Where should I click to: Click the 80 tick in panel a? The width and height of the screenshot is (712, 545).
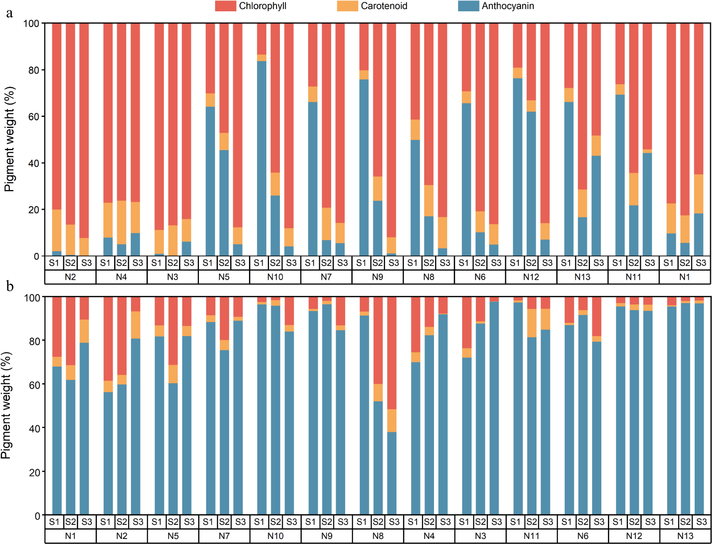[33, 70]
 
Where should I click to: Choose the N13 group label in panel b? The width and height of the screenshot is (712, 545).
[685, 536]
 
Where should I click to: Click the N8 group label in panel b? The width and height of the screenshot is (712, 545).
[378, 536]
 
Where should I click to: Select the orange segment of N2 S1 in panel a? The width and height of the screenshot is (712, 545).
[57, 230]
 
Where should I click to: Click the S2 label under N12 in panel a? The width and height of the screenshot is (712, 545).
[531, 263]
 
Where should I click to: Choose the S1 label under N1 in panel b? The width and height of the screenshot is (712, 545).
[54, 522]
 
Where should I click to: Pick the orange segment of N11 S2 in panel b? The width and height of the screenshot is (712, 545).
[532, 323]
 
